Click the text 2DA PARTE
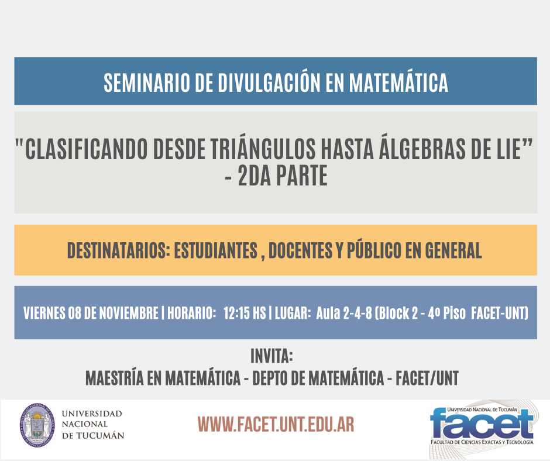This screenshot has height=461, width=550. click(x=283, y=176)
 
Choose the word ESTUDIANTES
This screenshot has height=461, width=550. click(x=216, y=250)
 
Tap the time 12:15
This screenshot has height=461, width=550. click(x=237, y=313)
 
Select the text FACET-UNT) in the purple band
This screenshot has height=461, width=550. click(x=500, y=313)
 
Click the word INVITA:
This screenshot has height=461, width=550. click(x=272, y=356)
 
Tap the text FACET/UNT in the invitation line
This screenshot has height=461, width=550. click(x=427, y=378)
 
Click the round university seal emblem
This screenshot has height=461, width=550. click(x=37, y=425)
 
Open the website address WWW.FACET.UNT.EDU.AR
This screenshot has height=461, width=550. click(x=276, y=424)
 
